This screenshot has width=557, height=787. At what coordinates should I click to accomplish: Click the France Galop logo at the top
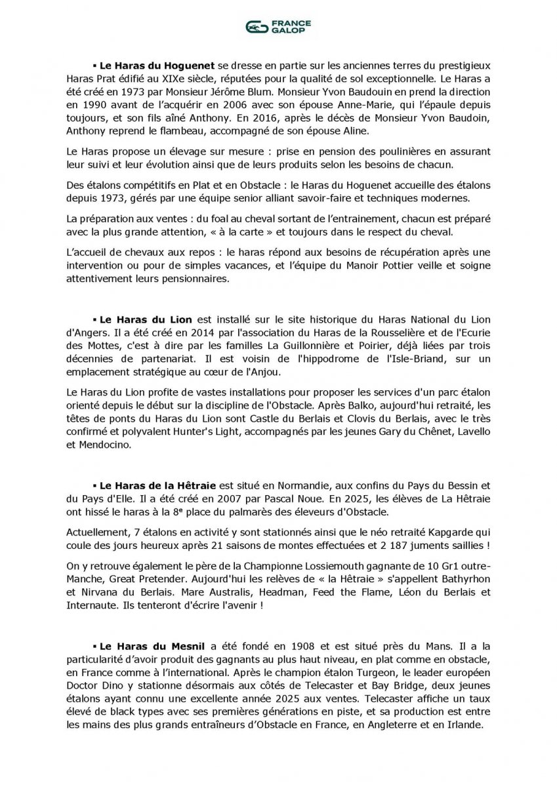(278, 26)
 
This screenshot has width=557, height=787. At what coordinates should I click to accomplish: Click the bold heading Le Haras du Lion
(145, 319)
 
